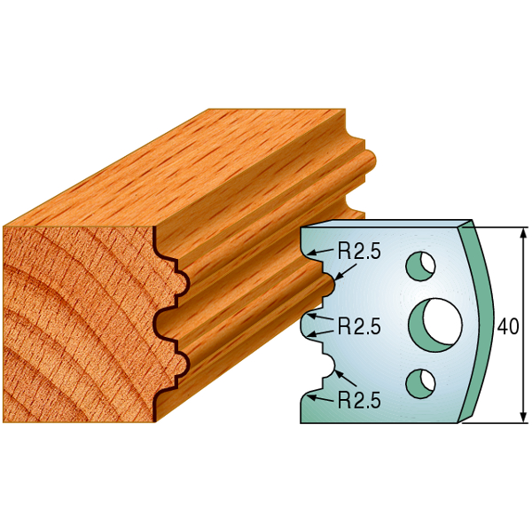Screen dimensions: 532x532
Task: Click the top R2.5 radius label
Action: point(359,252)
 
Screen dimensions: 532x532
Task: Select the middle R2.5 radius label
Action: point(359,326)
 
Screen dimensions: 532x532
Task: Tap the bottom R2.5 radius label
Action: point(359,402)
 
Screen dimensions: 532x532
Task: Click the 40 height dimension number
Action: point(508,326)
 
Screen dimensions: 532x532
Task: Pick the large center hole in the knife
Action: point(435,325)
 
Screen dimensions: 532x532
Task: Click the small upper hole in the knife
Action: point(420,266)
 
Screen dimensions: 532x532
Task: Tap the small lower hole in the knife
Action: point(420,383)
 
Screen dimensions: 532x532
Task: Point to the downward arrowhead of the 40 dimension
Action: point(524,417)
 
